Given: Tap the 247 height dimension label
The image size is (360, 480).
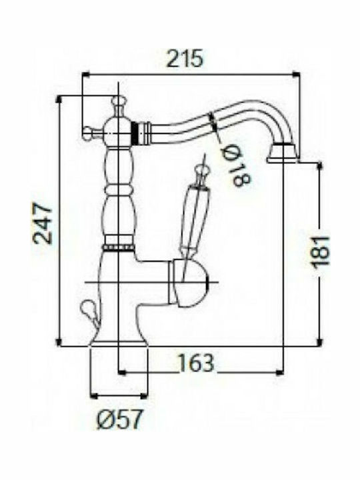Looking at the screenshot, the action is (x=43, y=223).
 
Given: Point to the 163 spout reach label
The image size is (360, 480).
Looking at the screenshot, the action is (x=196, y=363).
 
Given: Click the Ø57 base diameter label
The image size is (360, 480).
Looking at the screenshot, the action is (x=119, y=419).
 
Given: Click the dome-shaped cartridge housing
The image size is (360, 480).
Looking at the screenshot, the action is (x=188, y=283).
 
